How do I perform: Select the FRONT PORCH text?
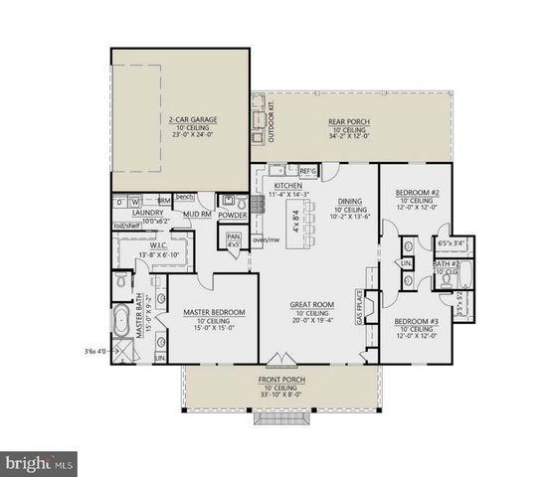tap(281, 380)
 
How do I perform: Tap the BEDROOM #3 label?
tap(418, 321)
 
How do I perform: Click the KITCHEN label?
tap(288, 186)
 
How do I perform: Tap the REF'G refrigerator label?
tap(307, 171)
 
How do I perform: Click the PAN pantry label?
tap(234, 238)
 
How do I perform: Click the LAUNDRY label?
tap(146, 212)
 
